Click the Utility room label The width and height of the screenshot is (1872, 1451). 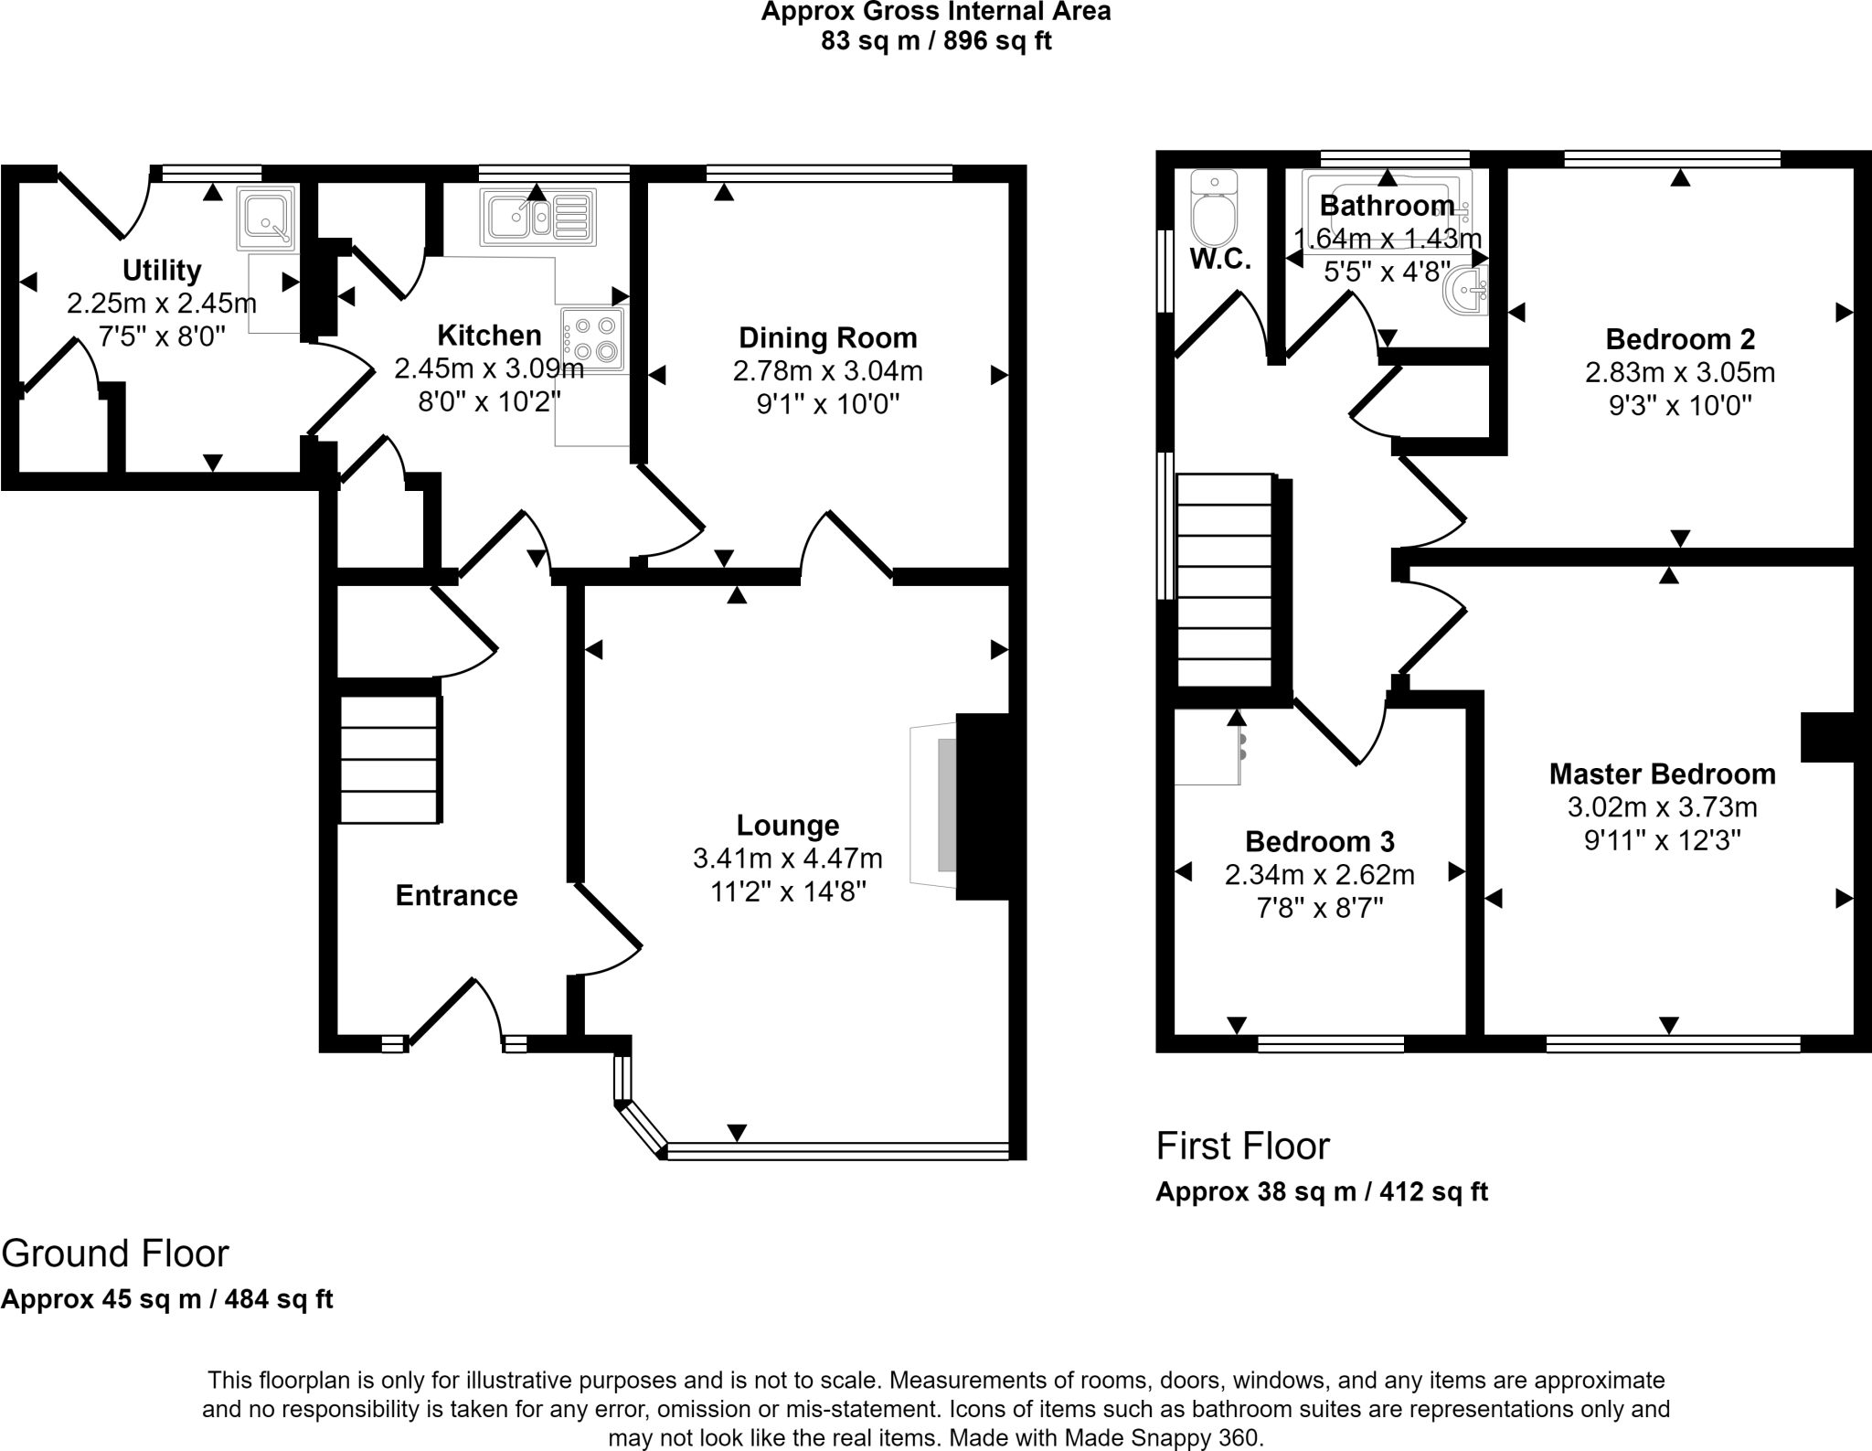click(162, 271)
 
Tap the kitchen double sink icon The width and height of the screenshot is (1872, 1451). click(537, 218)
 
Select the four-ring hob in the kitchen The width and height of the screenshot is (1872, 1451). click(593, 337)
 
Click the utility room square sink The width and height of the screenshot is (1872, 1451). click(266, 218)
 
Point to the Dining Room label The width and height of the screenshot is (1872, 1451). click(827, 338)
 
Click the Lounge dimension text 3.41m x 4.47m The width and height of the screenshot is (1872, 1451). click(787, 859)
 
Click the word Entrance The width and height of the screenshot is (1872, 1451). click(456, 895)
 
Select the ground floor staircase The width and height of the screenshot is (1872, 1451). click(390, 760)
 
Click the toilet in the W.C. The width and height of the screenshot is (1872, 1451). click(1214, 208)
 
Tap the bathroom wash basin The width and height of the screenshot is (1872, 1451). click(1466, 292)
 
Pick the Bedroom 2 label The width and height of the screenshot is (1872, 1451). click(1680, 339)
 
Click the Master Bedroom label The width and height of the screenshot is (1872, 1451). click(1662, 774)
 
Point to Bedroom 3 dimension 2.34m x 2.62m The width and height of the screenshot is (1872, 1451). click(1319, 875)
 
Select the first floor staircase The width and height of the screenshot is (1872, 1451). click(1225, 580)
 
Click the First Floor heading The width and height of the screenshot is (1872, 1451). click(1242, 1146)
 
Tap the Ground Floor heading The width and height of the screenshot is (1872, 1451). click(115, 1253)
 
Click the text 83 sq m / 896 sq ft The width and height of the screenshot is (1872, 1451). click(936, 42)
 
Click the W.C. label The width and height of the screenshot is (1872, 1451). click(1219, 260)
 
